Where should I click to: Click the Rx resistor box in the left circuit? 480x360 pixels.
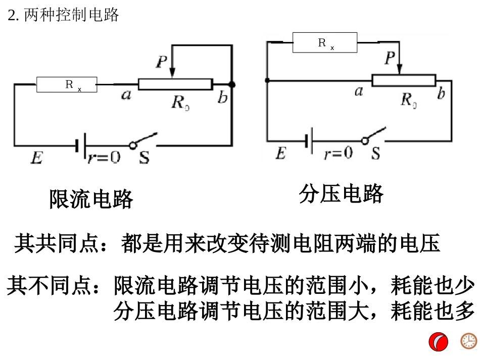click(x=66, y=85)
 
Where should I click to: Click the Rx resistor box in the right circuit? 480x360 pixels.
click(x=324, y=43)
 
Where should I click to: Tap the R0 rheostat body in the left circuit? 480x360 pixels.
click(x=175, y=84)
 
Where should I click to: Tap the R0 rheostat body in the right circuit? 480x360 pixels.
click(x=403, y=80)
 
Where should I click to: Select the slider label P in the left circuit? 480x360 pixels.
click(x=161, y=62)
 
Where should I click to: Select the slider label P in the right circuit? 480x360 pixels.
click(x=389, y=59)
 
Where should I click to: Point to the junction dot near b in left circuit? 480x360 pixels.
click(x=231, y=84)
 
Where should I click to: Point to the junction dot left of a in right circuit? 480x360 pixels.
click(x=267, y=80)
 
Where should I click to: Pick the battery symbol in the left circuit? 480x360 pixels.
click(x=80, y=145)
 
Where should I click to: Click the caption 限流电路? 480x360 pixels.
click(x=91, y=199)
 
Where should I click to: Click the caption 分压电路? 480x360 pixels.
click(x=341, y=193)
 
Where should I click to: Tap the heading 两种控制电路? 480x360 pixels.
click(x=71, y=15)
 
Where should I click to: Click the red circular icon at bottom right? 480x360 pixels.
click(x=438, y=342)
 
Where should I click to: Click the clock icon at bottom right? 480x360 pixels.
click(x=468, y=341)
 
